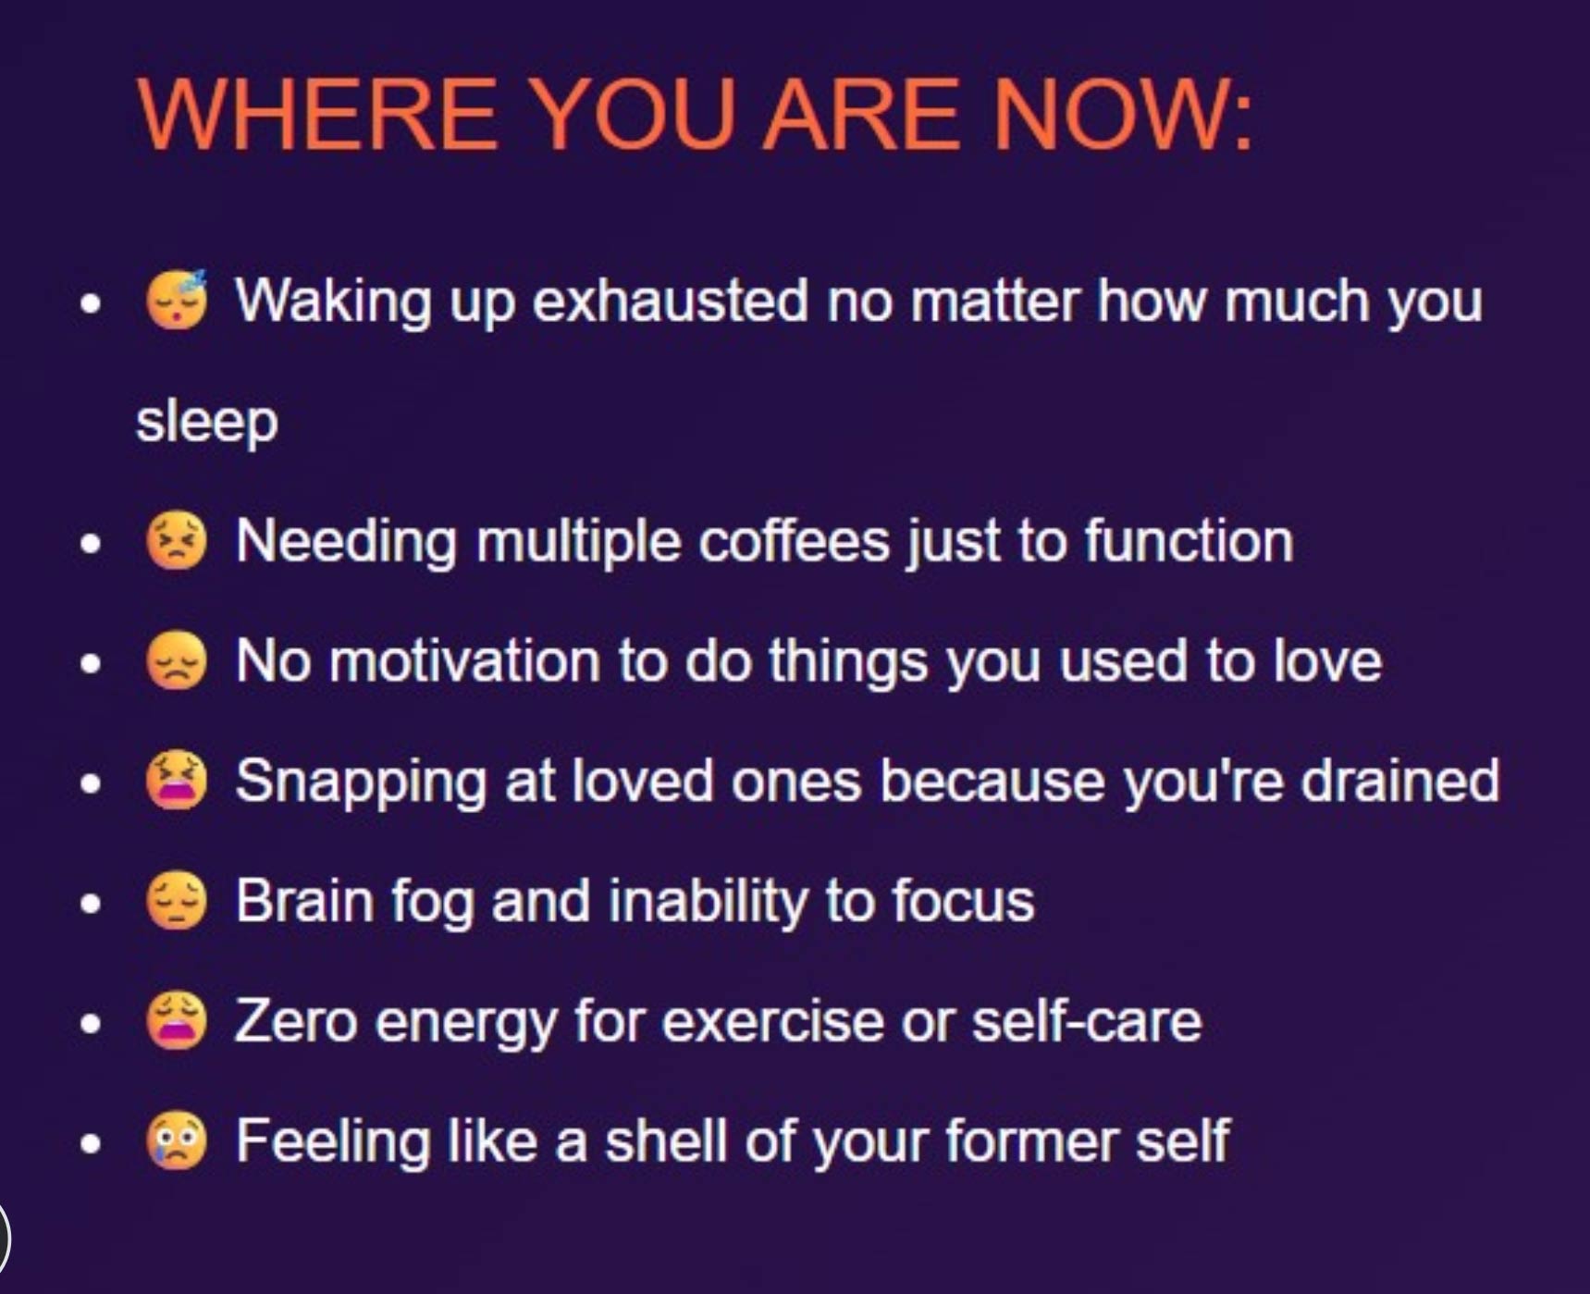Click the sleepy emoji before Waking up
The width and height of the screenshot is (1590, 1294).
coord(177,300)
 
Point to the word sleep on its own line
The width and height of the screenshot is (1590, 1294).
coord(207,423)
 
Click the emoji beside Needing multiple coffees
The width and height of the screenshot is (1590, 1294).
coord(177,540)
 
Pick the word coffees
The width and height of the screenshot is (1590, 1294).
coord(794,540)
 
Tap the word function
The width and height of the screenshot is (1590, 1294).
coord(1189,540)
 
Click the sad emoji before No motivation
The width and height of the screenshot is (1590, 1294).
coord(177,660)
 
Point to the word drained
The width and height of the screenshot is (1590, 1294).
coord(1400,781)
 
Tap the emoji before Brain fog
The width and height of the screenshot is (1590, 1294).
coord(177,901)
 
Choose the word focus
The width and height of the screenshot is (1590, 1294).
coord(963,901)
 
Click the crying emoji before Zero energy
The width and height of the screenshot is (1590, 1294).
coord(177,1021)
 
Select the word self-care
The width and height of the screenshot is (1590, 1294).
coord(1087,1021)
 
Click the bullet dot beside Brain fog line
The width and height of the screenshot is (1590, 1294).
coord(90,904)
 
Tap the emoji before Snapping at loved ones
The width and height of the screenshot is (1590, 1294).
coord(177,781)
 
